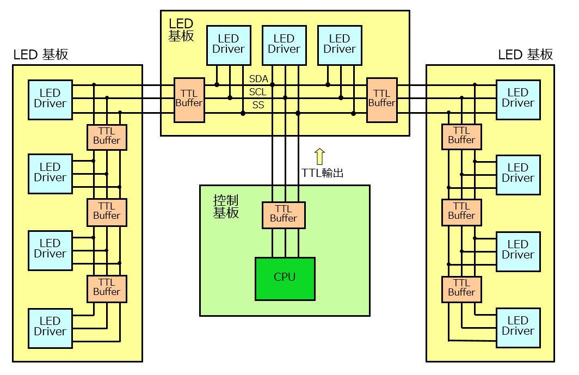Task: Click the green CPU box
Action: coord(285,279)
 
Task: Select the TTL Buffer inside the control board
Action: coord(284,215)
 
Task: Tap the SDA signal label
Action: coord(258,79)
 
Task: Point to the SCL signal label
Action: coord(258,91)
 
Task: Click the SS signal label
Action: coord(258,105)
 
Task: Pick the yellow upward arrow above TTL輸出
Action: coord(319,156)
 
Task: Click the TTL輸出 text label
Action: coord(322,173)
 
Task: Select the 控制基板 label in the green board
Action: coord(226,206)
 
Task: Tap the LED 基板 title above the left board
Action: coord(41,54)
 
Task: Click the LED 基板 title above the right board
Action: coord(526,54)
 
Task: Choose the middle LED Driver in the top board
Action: coord(284,45)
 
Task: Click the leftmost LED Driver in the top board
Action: coord(229,45)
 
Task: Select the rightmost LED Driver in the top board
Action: coord(340,45)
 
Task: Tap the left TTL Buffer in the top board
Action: coord(189,100)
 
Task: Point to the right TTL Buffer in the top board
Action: coord(382,100)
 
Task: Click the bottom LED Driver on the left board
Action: coord(50,328)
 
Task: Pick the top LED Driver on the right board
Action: coord(519,100)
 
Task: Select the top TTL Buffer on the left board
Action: coord(107,137)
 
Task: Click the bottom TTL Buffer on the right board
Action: coord(461,290)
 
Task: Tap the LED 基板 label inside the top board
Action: coord(181,29)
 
